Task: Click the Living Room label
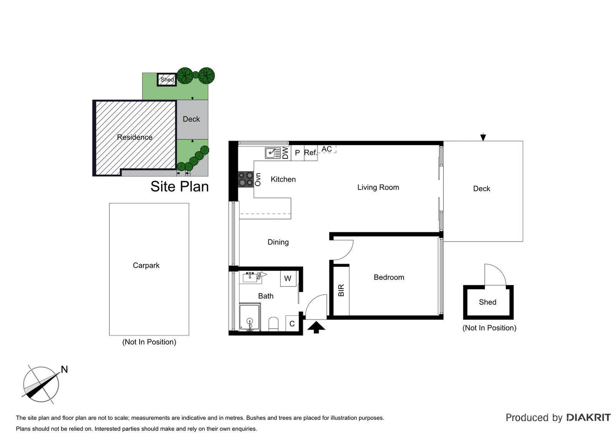pyautogui.click(x=378, y=187)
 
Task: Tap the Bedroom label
pyautogui.click(x=388, y=277)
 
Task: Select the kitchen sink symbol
pyautogui.click(x=272, y=153)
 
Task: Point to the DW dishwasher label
pyautogui.click(x=285, y=153)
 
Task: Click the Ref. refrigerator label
pyautogui.click(x=310, y=153)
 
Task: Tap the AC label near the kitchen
pyautogui.click(x=326, y=149)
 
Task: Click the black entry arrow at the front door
pyautogui.click(x=316, y=327)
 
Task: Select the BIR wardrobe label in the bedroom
pyautogui.click(x=341, y=290)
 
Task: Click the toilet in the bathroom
pyautogui.click(x=273, y=323)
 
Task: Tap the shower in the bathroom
pyautogui.click(x=250, y=317)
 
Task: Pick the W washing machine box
pyautogui.click(x=288, y=278)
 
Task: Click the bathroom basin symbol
pyautogui.click(x=250, y=277)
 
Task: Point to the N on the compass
pyautogui.click(x=64, y=369)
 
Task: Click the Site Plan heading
pyautogui.click(x=180, y=186)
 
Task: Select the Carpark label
pyautogui.click(x=146, y=265)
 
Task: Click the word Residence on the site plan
pyautogui.click(x=134, y=137)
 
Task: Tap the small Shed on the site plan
pyautogui.click(x=167, y=80)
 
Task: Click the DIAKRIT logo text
pyautogui.click(x=588, y=418)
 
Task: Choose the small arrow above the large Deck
pyautogui.click(x=483, y=137)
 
